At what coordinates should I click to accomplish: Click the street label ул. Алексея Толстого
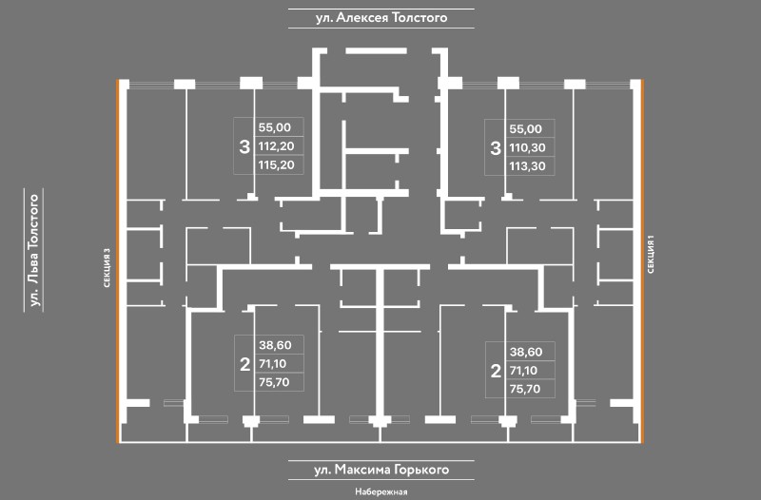click(380, 17)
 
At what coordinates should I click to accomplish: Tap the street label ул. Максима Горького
click(380, 470)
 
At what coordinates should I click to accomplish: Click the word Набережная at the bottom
click(380, 491)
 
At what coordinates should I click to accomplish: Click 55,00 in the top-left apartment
click(276, 127)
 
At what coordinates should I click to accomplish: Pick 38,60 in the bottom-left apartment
click(276, 346)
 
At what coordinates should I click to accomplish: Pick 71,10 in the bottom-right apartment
click(526, 369)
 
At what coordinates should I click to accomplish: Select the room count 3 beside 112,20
click(244, 147)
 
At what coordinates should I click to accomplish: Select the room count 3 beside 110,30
click(495, 148)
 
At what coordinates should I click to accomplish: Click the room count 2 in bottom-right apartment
click(495, 370)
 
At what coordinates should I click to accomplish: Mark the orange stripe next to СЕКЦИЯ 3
click(117, 261)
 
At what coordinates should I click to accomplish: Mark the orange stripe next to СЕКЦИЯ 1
click(644, 261)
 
